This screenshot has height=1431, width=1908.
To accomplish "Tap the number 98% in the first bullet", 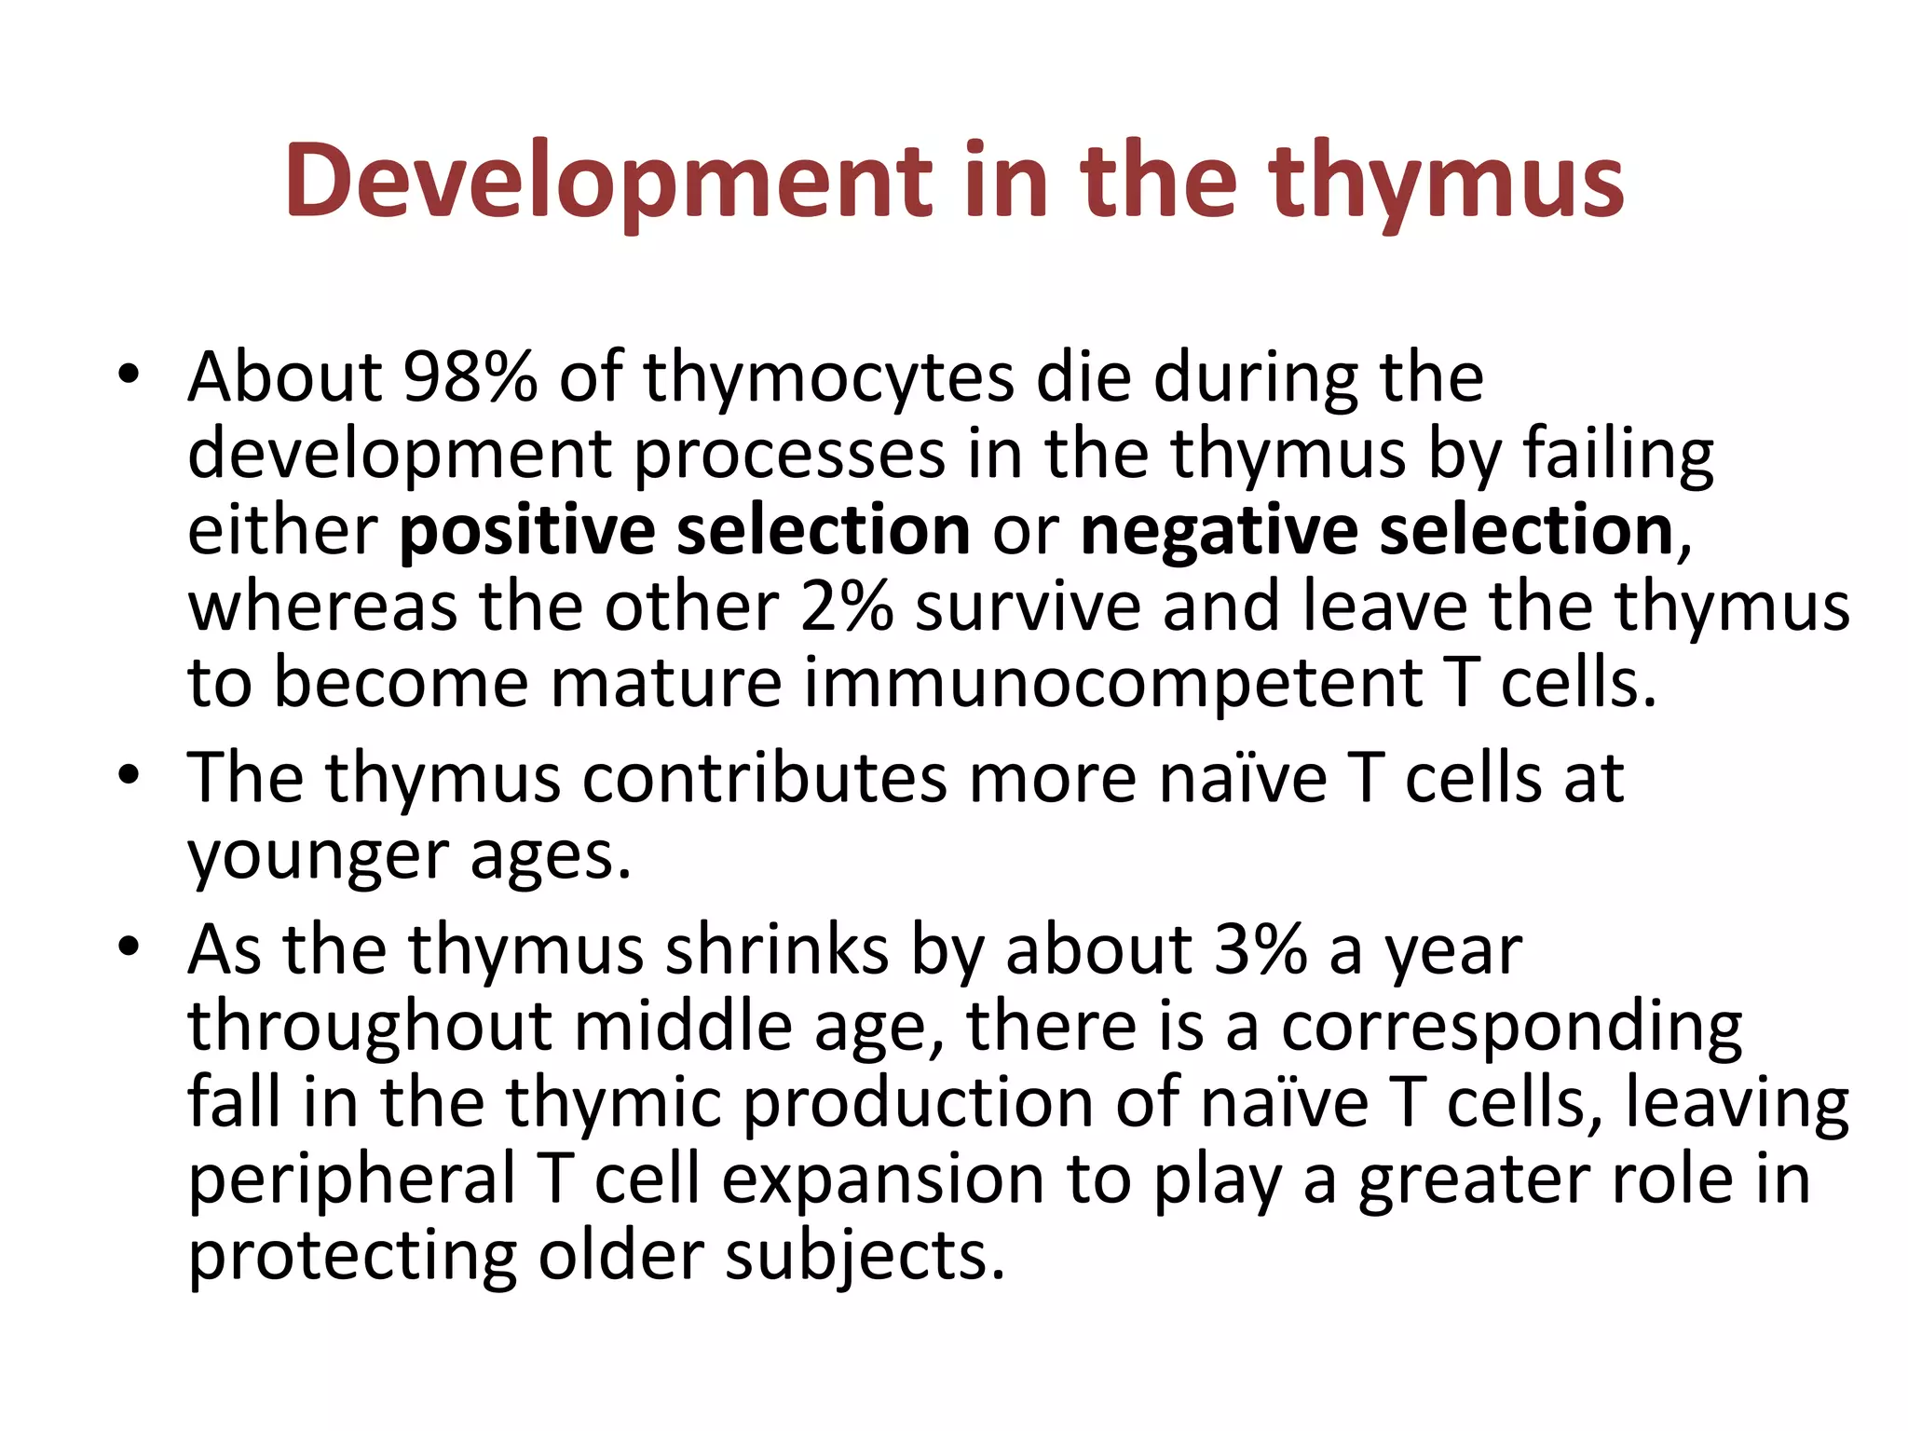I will click(470, 377).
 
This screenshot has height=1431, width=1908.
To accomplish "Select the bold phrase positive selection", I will click(685, 530).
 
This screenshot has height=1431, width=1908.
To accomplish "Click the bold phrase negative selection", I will click(1377, 530).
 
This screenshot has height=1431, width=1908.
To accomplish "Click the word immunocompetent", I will click(1113, 683).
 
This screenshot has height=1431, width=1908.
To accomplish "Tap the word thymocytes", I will click(828, 377).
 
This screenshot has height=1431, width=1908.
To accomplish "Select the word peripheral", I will click(351, 1179).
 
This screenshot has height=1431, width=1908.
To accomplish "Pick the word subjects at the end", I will click(865, 1256).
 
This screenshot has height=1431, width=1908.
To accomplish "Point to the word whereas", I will click(322, 606).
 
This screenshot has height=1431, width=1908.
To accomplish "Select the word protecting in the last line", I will click(351, 1256).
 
